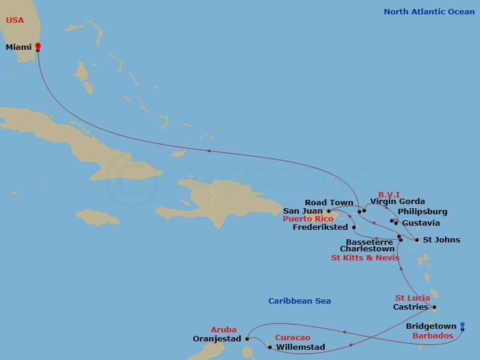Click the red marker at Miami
[x=38, y=46]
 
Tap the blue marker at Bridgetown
[x=463, y=326]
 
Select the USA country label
[x=15, y=20]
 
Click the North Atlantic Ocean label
[x=429, y=11]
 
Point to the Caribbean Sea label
[x=299, y=301]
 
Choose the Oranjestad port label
[x=217, y=339]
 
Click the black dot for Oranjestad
[x=247, y=338]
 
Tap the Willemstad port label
[x=300, y=347]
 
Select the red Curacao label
[x=292, y=338]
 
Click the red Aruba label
[x=223, y=329]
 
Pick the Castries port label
[x=410, y=307]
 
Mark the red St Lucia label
[x=412, y=298]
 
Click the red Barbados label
[x=433, y=336]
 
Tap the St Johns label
[x=442, y=240]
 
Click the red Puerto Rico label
[x=308, y=220]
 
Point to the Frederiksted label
[x=321, y=228]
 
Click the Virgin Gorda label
[x=397, y=202]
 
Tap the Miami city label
[x=19, y=47]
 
